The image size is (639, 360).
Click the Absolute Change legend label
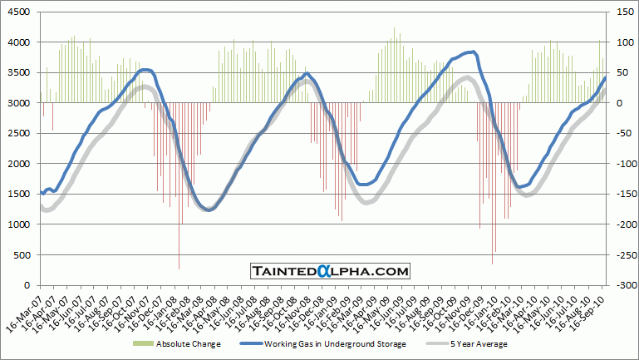[x=189, y=343]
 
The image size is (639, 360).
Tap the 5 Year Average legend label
[x=479, y=343]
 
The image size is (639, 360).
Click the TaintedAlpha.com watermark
[x=330, y=271]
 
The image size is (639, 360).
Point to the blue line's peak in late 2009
[x=472, y=52]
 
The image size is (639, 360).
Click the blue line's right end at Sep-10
[x=606, y=77]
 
